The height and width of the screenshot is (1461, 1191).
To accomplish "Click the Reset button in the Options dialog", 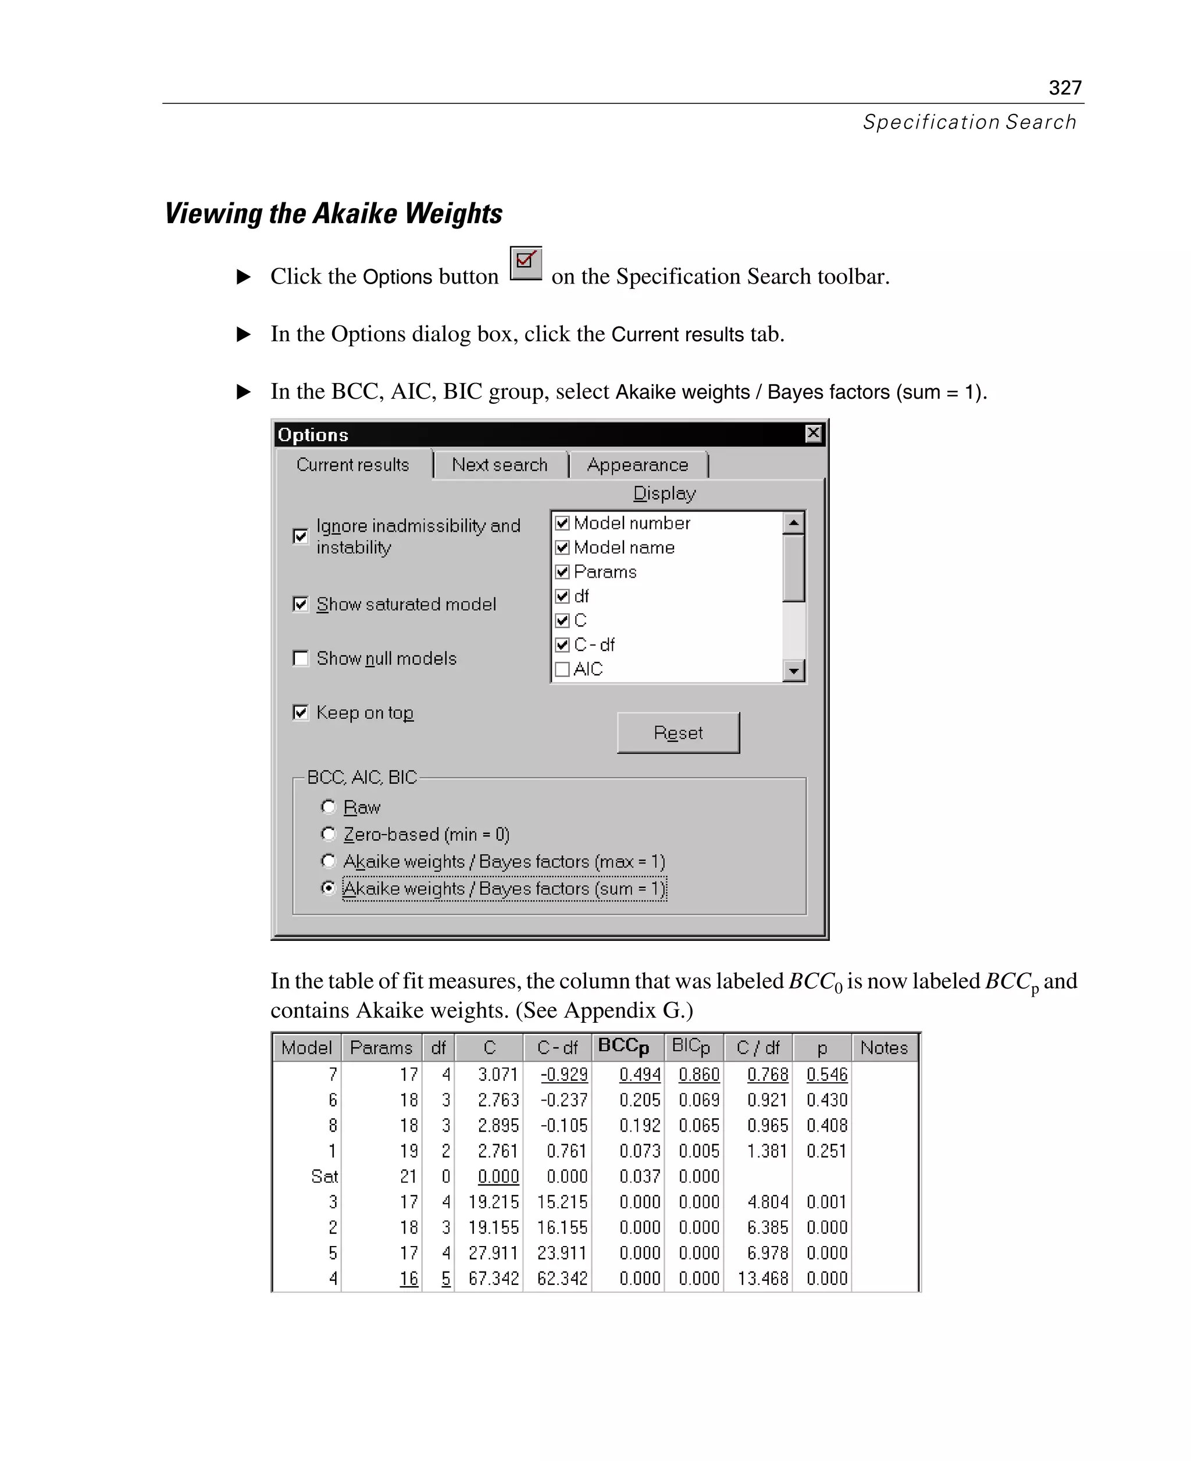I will point(678,733).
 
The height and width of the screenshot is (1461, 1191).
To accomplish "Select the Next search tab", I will point(500,465).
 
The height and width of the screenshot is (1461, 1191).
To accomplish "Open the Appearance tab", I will point(637,465).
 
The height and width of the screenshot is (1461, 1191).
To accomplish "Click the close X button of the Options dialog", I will point(813,434).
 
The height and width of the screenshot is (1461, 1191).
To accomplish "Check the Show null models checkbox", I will point(301,658).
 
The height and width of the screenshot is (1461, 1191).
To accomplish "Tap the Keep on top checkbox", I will point(301,712).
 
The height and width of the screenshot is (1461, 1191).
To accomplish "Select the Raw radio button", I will point(329,807).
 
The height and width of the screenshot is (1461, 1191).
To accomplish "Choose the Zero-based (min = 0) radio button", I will point(329,834).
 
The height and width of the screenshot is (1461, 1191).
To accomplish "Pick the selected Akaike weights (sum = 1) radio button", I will point(329,888).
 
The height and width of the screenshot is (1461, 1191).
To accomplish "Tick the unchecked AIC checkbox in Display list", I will point(562,669).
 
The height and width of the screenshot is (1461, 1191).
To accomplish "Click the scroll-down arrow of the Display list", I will point(794,671).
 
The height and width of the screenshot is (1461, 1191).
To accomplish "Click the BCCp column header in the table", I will point(623,1047).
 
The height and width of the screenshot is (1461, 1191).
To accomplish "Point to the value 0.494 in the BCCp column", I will point(640,1075).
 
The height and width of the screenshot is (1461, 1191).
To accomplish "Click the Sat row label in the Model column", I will point(324,1176).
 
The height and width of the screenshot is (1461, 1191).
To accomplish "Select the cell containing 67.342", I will point(494,1278).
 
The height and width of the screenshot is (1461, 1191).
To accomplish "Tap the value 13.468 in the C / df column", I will point(763,1278).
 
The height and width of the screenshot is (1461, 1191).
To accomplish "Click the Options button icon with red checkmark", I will point(526,263).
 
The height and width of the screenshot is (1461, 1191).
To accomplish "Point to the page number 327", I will point(1065,88).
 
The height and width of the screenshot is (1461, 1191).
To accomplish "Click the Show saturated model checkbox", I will point(301,604).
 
